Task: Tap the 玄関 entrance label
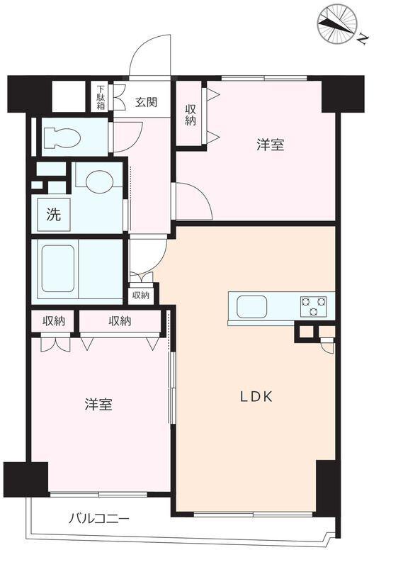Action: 147,102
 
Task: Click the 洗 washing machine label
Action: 54,215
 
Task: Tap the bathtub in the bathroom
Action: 58,268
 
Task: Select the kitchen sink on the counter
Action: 251,307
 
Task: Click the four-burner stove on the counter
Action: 314,306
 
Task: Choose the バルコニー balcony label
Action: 98,519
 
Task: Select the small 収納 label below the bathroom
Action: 140,295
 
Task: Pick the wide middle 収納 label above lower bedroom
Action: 120,321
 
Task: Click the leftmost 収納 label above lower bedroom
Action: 54,321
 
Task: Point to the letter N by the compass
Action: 361,40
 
